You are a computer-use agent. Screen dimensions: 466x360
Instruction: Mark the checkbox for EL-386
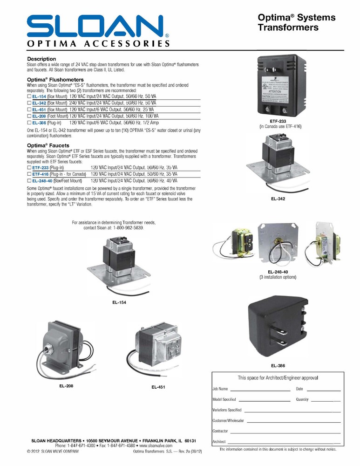tap(29, 123)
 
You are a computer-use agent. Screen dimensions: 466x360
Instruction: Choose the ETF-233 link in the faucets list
tap(40, 167)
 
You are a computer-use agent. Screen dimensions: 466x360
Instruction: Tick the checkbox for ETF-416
tap(29, 174)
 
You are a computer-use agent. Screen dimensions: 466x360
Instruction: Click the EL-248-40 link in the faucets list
tap(42, 180)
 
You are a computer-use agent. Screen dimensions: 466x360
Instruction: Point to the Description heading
tap(41, 59)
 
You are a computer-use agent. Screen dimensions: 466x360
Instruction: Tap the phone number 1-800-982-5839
tap(126, 228)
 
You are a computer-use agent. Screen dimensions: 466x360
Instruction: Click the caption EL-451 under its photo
tap(158, 387)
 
